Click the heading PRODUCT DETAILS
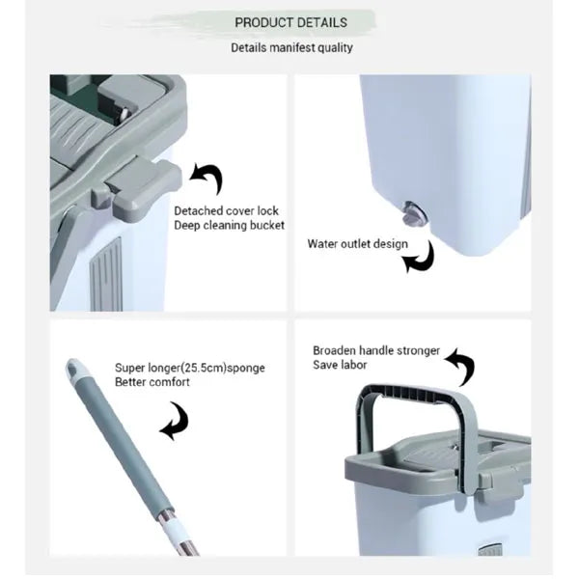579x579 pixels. point(291,22)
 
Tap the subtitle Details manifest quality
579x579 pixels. point(291,47)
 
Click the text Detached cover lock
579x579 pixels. point(226,210)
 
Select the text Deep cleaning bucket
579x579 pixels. point(229,225)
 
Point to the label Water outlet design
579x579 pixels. point(357,244)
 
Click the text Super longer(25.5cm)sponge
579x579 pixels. point(190,368)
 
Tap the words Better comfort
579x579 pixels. point(152,382)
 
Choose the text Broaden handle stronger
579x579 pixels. point(376,350)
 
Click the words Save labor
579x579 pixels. point(340,365)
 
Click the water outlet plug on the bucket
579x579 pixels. point(414,213)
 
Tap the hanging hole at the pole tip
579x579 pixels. point(72,368)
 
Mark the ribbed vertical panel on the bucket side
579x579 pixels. point(106,275)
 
